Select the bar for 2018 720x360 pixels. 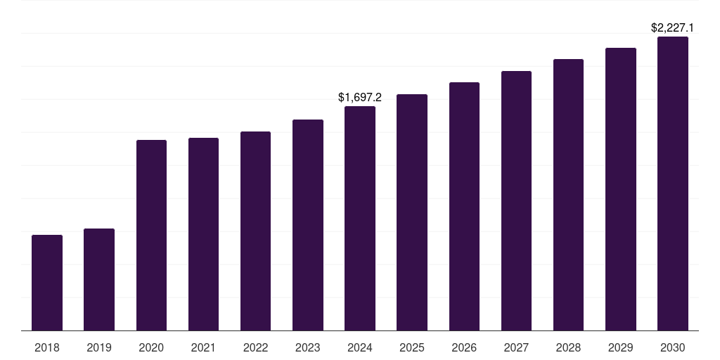tap(47, 283)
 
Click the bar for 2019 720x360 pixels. tap(99, 280)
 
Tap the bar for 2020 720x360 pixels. tap(152, 235)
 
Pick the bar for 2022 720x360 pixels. tap(255, 231)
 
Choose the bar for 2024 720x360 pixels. tap(360, 219)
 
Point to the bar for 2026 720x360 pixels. tap(464, 207)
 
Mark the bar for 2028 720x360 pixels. tap(568, 195)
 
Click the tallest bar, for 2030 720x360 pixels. tap(673, 184)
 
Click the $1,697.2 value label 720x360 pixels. tap(360, 97)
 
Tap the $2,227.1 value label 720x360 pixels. tap(672, 27)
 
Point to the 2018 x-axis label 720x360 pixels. tap(47, 347)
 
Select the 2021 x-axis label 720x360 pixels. tap(203, 347)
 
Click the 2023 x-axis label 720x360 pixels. tap(308, 347)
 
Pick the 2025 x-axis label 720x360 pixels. tap(412, 347)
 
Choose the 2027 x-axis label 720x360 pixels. tap(516, 347)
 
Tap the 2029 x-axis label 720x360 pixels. tap(620, 347)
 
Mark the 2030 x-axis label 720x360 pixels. tap(673, 347)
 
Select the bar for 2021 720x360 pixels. tap(203, 234)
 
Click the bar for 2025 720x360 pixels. tap(412, 212)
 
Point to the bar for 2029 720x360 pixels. tap(621, 189)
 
